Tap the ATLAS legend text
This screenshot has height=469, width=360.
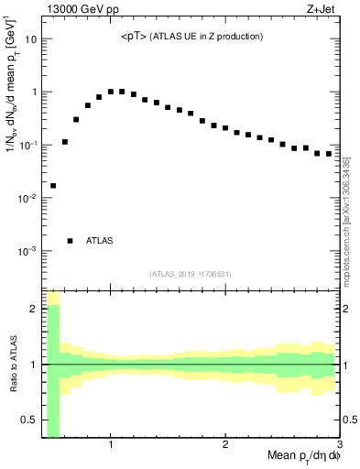[x=100, y=241]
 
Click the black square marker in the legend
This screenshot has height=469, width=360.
[x=71, y=241]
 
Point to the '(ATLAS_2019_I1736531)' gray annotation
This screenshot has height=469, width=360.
[x=191, y=274]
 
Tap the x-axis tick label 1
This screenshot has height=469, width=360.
[x=111, y=445]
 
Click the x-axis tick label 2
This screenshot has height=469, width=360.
[x=225, y=445]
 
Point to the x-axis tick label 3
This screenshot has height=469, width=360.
[x=339, y=445]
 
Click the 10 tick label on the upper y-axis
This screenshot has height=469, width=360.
[x=31, y=39]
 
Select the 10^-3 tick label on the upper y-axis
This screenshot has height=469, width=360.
[x=29, y=251]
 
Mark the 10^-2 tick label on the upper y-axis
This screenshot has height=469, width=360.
[x=29, y=198]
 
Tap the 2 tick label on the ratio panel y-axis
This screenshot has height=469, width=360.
[x=34, y=309]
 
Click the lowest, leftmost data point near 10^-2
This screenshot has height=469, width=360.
[x=53, y=186]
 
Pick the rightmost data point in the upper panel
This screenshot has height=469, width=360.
[x=329, y=154]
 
